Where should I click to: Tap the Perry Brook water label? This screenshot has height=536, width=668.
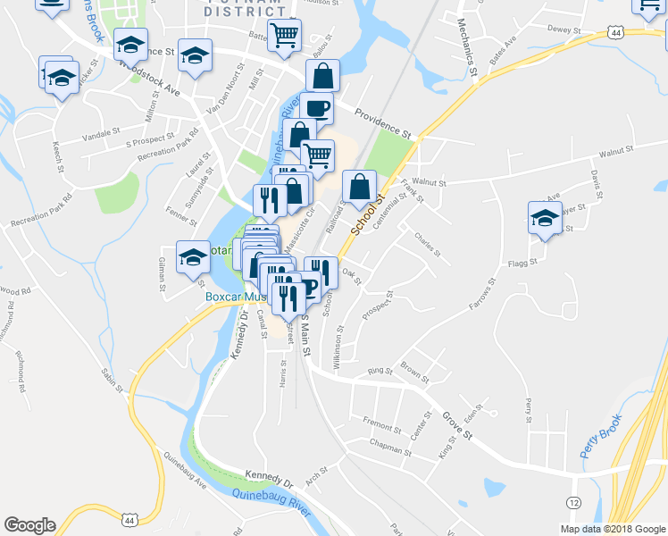601,437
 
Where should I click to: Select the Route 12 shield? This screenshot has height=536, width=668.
573,503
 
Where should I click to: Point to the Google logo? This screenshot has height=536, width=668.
30,525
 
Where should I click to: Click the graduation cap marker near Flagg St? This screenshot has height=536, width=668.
544,218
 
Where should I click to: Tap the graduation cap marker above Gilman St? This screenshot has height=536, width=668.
193,257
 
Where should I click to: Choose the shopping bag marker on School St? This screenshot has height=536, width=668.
358,187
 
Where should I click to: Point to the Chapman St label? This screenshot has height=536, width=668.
388,448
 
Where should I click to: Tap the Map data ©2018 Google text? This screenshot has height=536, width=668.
612,529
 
